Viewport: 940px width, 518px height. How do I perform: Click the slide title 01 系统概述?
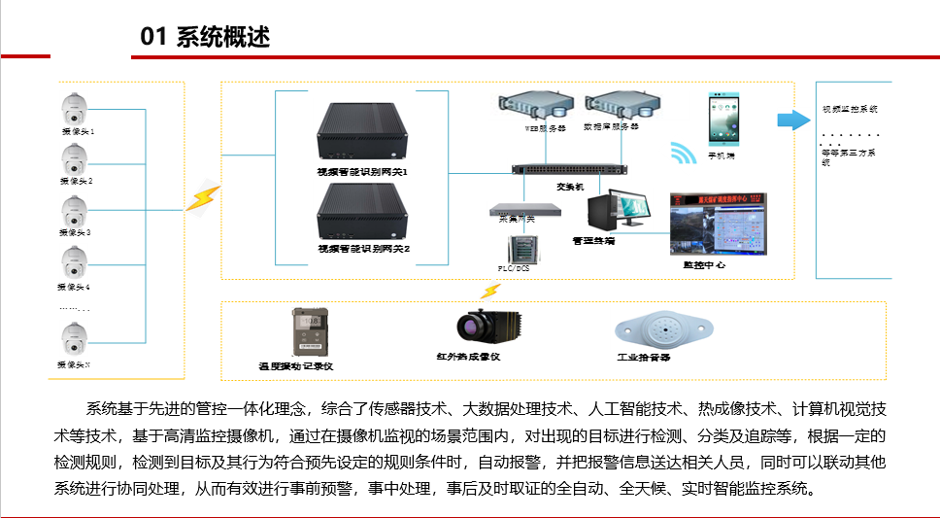click(205, 37)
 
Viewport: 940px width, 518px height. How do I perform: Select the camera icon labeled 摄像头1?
click(75, 109)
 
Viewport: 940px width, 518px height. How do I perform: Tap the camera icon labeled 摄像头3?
click(75, 212)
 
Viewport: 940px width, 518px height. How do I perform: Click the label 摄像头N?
click(75, 364)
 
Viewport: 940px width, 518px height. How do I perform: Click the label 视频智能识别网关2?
click(363, 249)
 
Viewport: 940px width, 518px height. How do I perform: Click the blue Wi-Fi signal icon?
click(684, 154)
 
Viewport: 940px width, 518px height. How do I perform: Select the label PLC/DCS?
click(513, 267)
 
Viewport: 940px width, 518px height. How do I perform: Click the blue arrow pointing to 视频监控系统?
click(793, 120)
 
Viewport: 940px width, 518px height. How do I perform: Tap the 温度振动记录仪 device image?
click(310, 332)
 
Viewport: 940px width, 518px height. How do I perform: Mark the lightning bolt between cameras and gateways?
click(203, 198)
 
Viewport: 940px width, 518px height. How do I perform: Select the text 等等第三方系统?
click(847, 156)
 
